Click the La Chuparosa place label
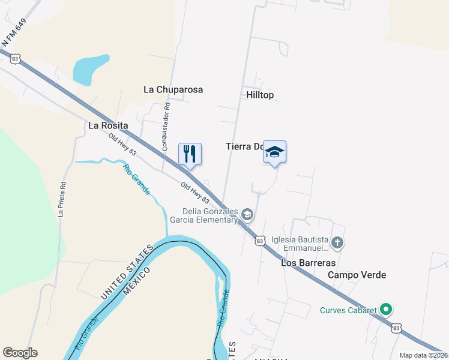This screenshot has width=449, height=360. (x=173, y=89)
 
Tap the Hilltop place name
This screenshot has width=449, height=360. (x=260, y=95)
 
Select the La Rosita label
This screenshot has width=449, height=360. (x=108, y=125)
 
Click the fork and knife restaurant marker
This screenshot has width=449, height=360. (x=190, y=154)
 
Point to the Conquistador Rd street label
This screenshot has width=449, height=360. (x=166, y=127)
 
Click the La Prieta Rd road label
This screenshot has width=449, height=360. (x=62, y=197)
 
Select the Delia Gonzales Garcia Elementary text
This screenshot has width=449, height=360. (x=211, y=215)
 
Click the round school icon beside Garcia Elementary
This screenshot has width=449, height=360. (x=247, y=214)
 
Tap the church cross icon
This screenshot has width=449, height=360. (x=337, y=242)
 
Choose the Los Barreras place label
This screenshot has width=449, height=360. (x=309, y=263)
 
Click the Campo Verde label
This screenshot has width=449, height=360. (x=357, y=275)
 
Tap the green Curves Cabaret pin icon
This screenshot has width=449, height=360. (x=387, y=310)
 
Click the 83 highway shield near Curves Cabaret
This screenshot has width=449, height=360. (x=396, y=328)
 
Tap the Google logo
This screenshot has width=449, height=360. (x=20, y=353)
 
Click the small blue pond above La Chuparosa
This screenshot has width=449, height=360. (x=90, y=68)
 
